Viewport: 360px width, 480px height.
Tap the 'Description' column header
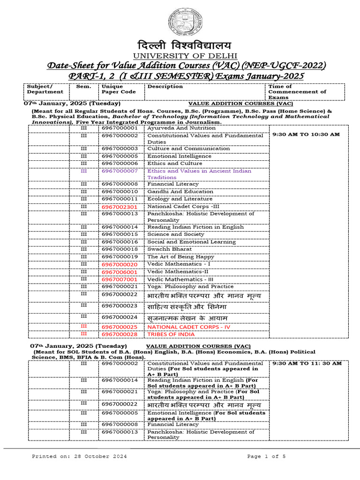coord(165,86)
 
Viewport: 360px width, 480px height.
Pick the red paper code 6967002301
coord(120,206)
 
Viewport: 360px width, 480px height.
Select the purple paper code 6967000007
coord(120,171)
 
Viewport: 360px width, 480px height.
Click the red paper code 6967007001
coord(120,279)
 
